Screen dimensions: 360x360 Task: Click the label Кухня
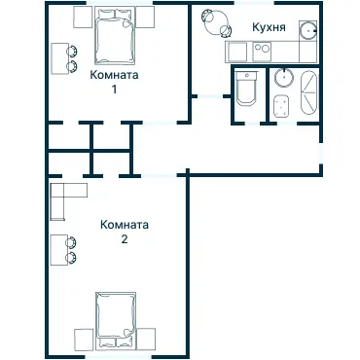pos(269,27)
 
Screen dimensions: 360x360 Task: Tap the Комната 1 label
pos(114,82)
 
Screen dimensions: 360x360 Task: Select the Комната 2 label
pos(125,232)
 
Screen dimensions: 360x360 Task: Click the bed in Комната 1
pos(115,36)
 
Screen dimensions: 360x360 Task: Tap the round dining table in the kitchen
pos(217,22)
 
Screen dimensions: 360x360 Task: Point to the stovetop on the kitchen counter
pos(262,52)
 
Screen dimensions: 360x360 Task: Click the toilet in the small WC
pos(246,89)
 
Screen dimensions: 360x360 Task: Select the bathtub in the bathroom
pos(308,93)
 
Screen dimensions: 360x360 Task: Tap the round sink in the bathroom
pos(284,78)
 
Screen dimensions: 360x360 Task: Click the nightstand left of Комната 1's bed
pos(84,18)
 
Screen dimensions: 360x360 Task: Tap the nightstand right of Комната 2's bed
pos(146,339)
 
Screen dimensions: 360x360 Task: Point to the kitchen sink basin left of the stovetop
pos(238,52)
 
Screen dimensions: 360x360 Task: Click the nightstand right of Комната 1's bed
pos(145,18)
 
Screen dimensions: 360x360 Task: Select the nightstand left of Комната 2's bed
pos(84,340)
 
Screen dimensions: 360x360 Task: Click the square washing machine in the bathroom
pos(281,106)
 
